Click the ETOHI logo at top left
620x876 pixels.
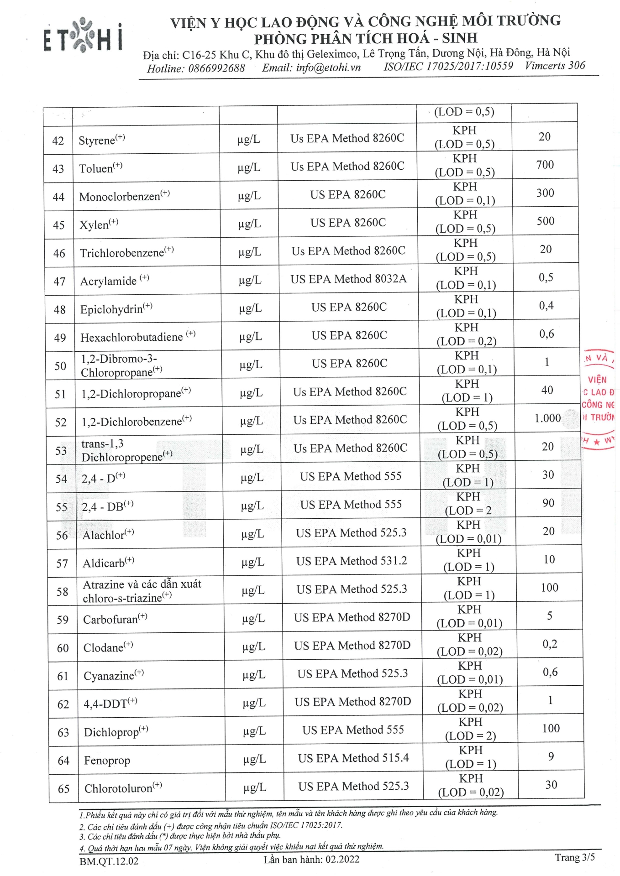[83, 35]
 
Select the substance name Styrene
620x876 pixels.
[97, 140]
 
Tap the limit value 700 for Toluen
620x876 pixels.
[545, 165]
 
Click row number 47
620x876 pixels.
[59, 282]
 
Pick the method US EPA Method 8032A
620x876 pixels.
[348, 279]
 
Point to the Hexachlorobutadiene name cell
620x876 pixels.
[132, 338]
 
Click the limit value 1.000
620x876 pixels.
[547, 418]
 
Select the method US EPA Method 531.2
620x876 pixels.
[352, 561]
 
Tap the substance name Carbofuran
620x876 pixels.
[110, 620]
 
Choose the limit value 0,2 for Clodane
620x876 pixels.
[550, 644]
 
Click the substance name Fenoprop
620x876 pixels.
[107, 761]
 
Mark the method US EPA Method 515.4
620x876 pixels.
[353, 758]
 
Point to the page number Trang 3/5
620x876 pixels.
[574, 857]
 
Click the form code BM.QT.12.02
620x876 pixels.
[109, 861]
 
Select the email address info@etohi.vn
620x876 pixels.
[328, 68]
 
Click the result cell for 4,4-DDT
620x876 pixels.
[470, 701]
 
